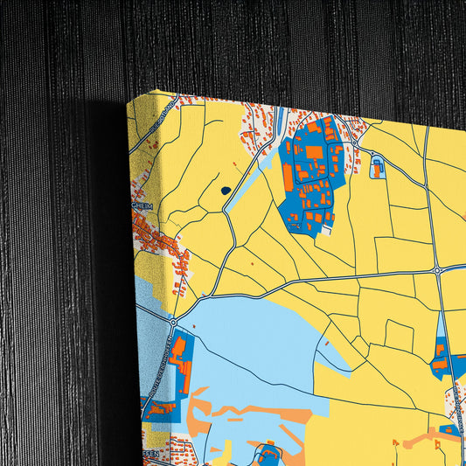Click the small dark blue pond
226,190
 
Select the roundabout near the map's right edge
437,271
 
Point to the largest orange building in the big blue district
313,152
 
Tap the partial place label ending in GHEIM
142,206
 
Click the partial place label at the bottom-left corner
150,452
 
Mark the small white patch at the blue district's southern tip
326,231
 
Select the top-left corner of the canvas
128,101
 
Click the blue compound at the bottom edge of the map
268,455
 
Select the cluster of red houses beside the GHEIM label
162,240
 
